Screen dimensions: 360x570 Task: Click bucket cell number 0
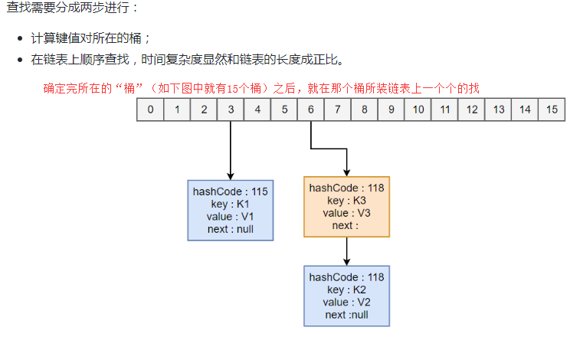point(150,110)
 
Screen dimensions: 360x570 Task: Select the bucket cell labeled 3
point(231,110)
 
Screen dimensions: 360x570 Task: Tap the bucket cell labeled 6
point(311,110)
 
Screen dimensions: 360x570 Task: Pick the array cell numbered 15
point(552,110)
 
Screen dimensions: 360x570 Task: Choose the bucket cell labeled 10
point(418,110)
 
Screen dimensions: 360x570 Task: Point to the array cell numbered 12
point(471,110)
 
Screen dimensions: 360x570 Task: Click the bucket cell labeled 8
point(364,110)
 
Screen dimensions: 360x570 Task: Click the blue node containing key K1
point(230,210)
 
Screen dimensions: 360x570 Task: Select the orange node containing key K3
point(347,207)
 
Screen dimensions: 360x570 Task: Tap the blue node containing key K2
point(347,296)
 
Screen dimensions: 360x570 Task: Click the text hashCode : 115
point(230,192)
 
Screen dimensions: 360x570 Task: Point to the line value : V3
point(347,213)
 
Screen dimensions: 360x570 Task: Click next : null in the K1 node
point(230,229)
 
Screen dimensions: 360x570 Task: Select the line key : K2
point(347,290)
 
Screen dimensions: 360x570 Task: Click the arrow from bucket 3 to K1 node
point(231,149)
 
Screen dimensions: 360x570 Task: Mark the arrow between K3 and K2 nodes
point(347,250)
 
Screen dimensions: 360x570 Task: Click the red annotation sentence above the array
point(261,88)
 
